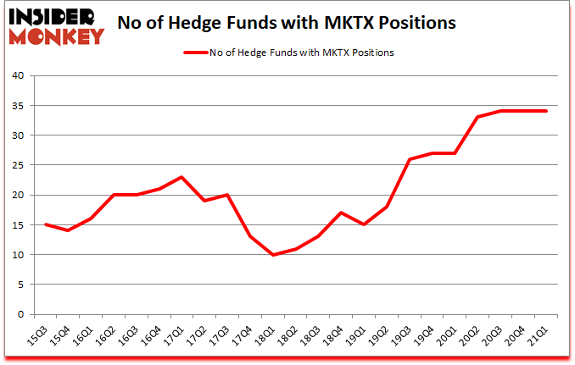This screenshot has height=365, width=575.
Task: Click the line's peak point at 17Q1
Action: [x=181, y=177]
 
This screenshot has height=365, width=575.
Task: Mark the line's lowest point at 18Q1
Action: [x=272, y=255]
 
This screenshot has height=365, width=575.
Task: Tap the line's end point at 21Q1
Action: [x=547, y=111]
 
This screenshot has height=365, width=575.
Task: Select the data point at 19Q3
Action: [x=410, y=159]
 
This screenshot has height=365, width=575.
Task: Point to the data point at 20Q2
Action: [x=478, y=117]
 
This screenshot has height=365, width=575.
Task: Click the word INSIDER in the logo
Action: [x=55, y=15]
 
